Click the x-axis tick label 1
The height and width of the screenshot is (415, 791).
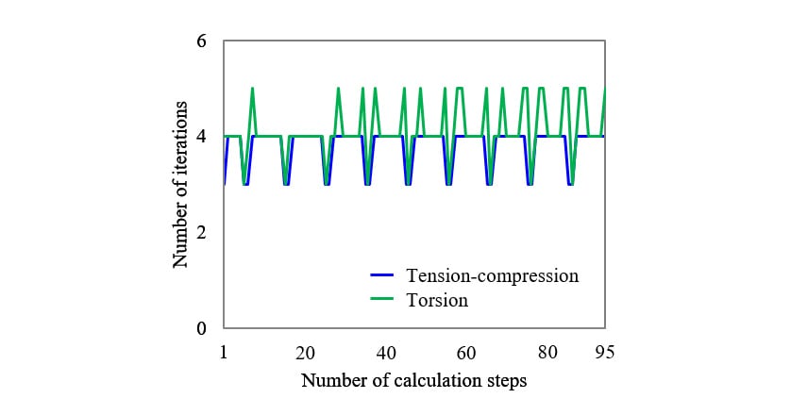pyautogui.click(x=224, y=352)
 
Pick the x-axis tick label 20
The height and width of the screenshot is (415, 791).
pyautogui.click(x=304, y=352)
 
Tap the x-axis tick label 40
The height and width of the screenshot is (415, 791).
pyautogui.click(x=385, y=352)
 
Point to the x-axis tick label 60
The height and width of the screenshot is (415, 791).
pyautogui.click(x=466, y=352)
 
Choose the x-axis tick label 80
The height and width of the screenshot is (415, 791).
pyautogui.click(x=547, y=352)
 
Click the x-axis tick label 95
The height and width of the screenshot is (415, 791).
pyautogui.click(x=605, y=352)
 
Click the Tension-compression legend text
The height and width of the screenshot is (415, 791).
pyautogui.click(x=491, y=275)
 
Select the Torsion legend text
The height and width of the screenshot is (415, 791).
pyautogui.click(x=437, y=301)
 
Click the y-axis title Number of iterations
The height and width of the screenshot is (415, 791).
pyautogui.click(x=180, y=185)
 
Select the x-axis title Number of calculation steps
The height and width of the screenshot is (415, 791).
pyautogui.click(x=413, y=381)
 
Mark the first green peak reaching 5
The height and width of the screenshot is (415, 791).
pyautogui.click(x=252, y=89)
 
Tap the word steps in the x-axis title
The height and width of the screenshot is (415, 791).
pyautogui.click(x=506, y=381)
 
